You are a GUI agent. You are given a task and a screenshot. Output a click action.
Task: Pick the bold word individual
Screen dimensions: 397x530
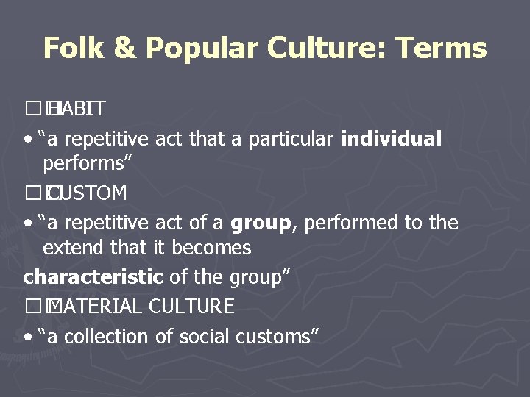pyautogui.click(x=392, y=139)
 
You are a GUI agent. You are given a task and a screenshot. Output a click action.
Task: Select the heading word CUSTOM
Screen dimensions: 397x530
pyautogui.click(x=86, y=193)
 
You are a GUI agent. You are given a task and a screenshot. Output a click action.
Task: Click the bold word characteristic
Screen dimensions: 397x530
pyautogui.click(x=93, y=277)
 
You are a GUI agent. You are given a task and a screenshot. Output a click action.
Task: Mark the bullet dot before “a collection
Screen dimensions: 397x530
pyautogui.click(x=27, y=337)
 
